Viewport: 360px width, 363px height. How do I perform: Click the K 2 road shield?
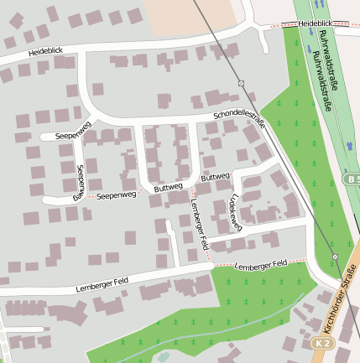[323, 344]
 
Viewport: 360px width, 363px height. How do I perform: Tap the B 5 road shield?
[352, 180]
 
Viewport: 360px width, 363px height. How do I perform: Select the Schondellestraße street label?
[239, 118]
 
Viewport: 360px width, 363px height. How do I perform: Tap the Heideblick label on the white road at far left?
[45, 52]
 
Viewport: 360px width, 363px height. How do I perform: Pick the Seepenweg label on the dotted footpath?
[116, 195]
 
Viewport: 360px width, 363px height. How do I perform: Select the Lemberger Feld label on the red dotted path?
[261, 265]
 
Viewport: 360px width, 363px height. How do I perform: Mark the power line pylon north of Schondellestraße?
[241, 83]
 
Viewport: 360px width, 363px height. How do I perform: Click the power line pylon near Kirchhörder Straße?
[335, 257]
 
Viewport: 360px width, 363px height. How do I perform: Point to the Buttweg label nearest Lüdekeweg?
[215, 178]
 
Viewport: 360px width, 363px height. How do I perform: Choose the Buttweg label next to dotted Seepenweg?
[168, 189]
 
